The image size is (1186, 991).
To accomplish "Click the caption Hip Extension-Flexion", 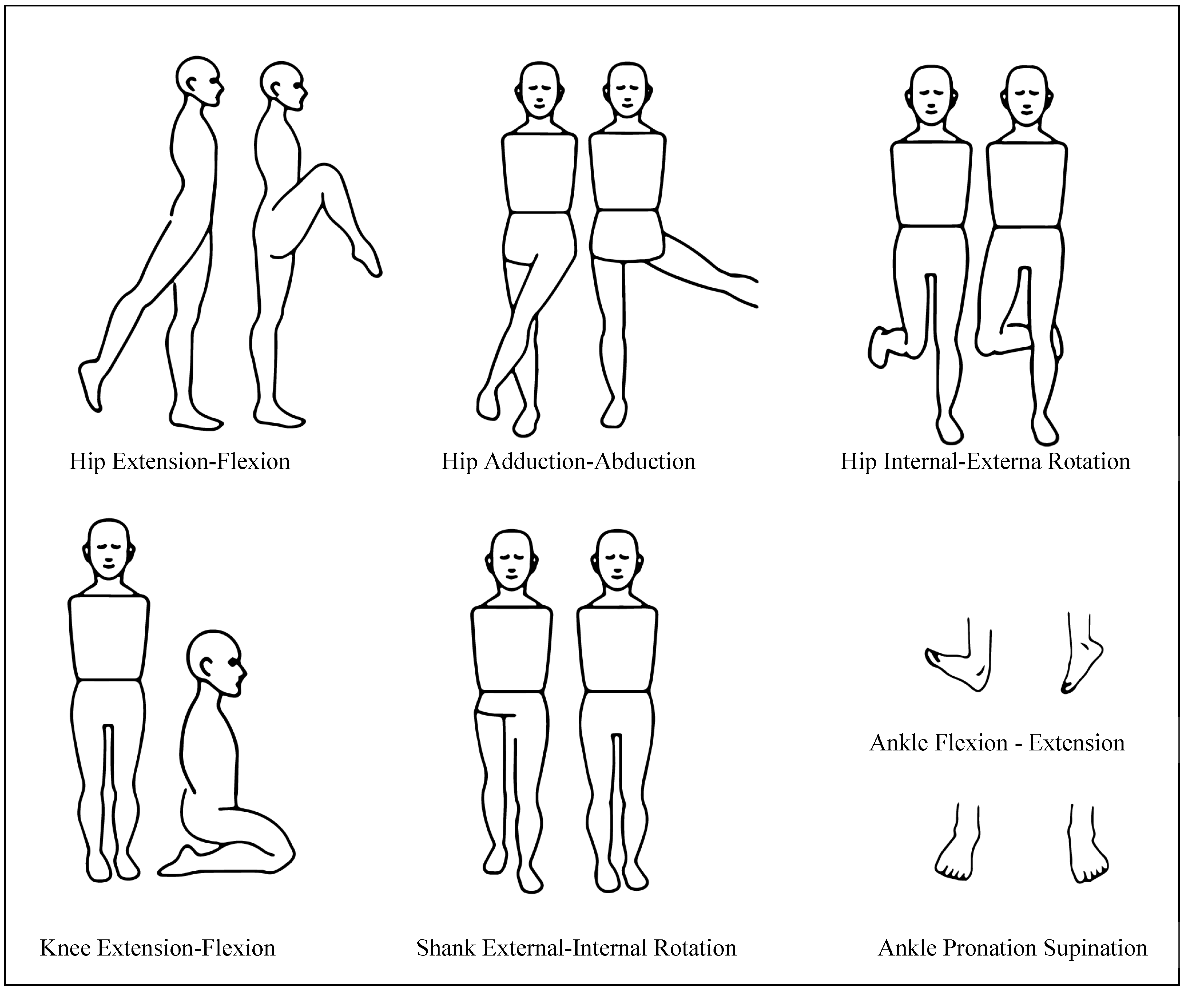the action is [x=180, y=461].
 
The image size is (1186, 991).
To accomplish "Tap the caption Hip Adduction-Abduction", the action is [x=568, y=461].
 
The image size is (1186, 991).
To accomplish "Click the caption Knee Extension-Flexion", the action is [x=158, y=947].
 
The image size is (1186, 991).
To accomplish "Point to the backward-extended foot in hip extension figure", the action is [x=90, y=384].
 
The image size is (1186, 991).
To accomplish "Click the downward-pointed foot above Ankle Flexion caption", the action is [x=1082, y=667].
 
